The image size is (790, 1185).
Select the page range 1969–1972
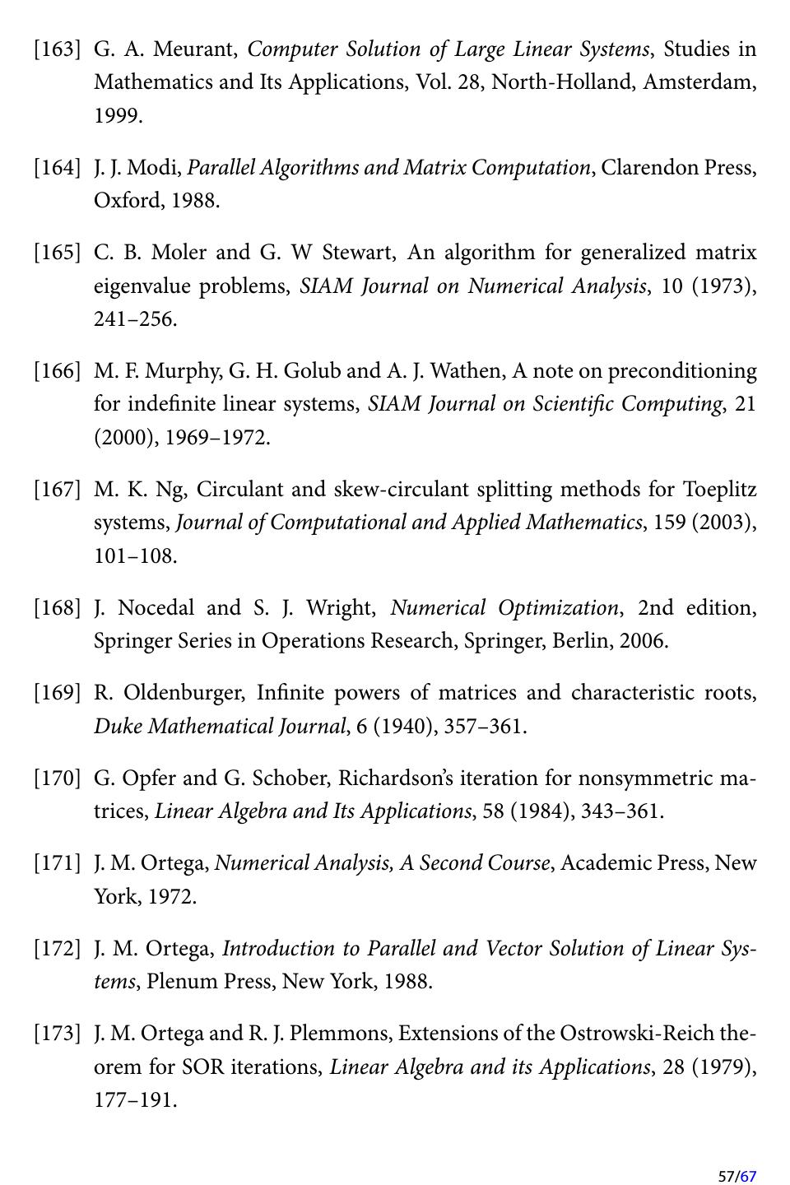point(217,438)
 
